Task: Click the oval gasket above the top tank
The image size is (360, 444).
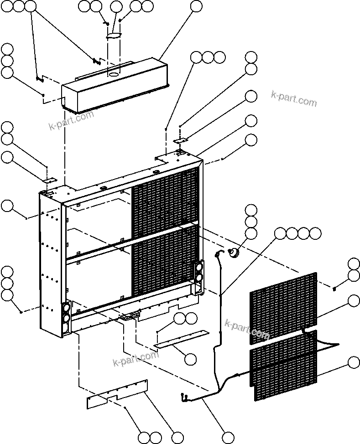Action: point(115,35)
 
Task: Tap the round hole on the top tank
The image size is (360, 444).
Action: point(113,73)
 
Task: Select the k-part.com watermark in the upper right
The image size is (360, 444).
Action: point(293,98)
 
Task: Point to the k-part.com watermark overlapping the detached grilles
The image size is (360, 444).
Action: point(247,330)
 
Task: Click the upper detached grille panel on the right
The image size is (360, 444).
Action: point(283,307)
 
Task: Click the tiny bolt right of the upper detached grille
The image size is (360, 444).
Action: point(334,288)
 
